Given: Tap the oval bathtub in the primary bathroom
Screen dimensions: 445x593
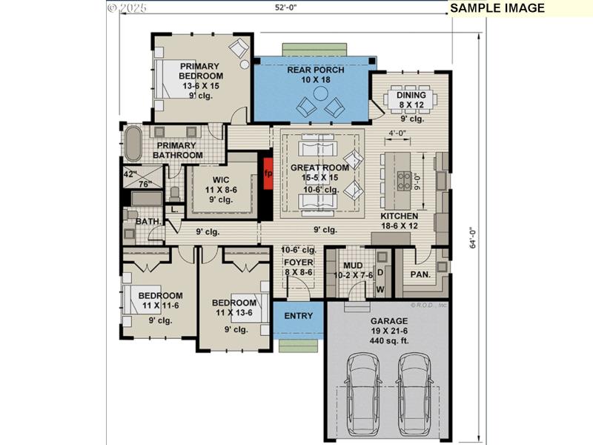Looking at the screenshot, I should tap(133, 144).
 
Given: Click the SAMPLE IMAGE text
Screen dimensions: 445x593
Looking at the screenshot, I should tap(497, 8).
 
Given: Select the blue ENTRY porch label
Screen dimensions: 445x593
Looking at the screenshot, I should tap(298, 316).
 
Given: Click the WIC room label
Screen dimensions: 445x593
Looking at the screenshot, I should tap(220, 180).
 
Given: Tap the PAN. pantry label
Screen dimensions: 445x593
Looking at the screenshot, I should tap(421, 274).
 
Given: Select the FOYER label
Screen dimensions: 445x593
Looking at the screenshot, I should tap(299, 263).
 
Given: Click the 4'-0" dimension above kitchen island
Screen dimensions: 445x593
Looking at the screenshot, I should tap(399, 134).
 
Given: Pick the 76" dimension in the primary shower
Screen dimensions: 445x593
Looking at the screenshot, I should tap(145, 184).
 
